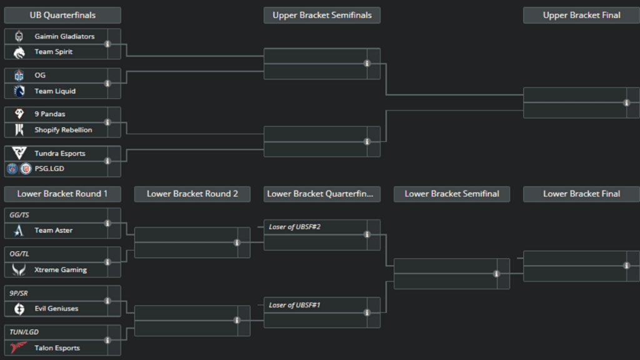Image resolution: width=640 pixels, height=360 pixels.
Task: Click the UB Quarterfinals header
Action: [62, 15]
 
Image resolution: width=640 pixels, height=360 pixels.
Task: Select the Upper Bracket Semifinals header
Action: [322, 15]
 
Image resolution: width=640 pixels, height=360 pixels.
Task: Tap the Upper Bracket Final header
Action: [581, 15]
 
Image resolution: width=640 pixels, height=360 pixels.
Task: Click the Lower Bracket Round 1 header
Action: [62, 194]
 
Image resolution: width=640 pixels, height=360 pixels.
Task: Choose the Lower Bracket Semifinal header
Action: [452, 194]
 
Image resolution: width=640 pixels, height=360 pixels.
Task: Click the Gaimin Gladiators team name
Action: [64, 36]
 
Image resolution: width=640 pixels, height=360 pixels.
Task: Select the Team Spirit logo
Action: [19, 52]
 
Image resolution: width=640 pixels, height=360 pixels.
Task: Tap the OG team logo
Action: [19, 76]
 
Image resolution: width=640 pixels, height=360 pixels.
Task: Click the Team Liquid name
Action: [55, 91]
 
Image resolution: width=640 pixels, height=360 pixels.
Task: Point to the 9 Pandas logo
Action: [19, 114]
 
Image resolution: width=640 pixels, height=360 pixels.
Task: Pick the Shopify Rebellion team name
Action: [63, 130]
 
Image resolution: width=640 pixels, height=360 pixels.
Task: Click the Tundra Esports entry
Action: [59, 154]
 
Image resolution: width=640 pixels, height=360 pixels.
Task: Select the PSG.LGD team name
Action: [49, 169]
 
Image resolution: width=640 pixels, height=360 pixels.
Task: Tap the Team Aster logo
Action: [19, 231]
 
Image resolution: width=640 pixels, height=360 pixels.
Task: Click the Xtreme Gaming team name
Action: [61, 270]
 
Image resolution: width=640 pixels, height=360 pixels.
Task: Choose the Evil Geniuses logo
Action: [19, 309]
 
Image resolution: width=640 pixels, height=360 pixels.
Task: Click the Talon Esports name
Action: [57, 348]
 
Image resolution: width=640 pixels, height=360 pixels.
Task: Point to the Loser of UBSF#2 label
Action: [294, 227]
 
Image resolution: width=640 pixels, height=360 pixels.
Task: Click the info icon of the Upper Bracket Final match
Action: [626, 103]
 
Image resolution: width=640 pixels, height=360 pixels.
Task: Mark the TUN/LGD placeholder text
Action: [24, 332]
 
